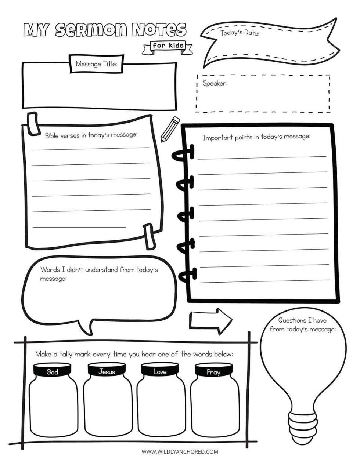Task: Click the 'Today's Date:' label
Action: [240, 33]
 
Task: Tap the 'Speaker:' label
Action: [215, 83]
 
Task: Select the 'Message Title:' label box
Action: [96, 63]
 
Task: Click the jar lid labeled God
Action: [52, 372]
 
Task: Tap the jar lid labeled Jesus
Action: [107, 372]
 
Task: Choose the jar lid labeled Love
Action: [160, 372]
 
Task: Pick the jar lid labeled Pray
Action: [213, 372]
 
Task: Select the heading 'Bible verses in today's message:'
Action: [91, 135]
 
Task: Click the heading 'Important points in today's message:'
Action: [256, 137]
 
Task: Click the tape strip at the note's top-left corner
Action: [34, 123]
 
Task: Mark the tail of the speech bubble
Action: [87, 327]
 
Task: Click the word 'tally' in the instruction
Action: [66, 354]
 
